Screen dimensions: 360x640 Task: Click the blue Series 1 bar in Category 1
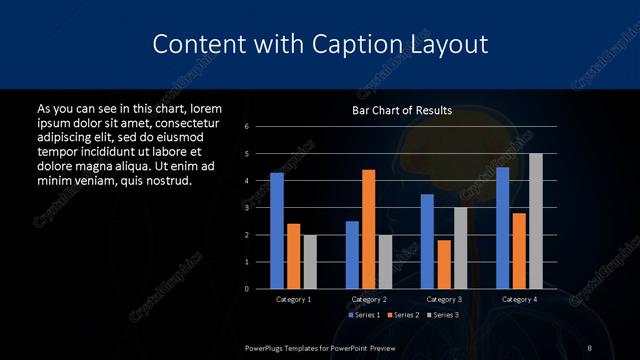[277, 231]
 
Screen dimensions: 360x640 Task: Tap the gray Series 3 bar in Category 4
[535, 221]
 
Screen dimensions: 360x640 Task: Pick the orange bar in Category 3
[444, 264]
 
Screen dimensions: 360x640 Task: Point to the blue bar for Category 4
[502, 228]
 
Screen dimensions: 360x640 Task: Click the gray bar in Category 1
[309, 262]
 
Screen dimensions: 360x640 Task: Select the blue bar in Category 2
[352, 255]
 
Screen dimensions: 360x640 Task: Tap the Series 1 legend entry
[363, 315]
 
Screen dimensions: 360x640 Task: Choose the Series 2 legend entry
[404, 315]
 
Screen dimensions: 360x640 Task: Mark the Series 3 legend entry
[445, 315]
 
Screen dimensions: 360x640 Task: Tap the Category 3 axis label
[443, 299]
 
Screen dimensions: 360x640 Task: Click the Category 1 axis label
[293, 299]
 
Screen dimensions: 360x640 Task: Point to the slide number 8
[590, 346]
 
